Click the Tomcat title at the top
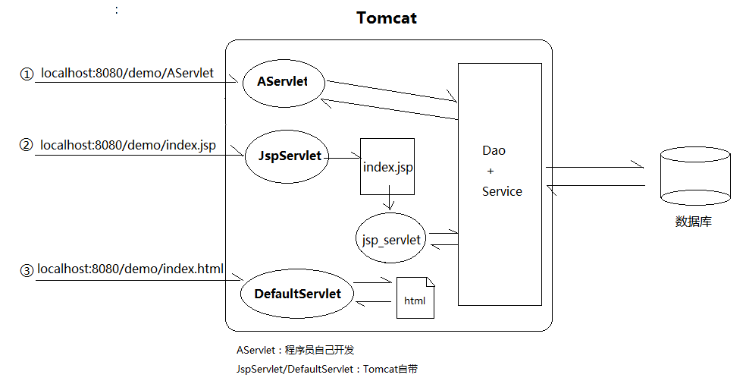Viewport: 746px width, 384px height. coord(386,17)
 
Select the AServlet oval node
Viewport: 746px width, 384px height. coord(283,81)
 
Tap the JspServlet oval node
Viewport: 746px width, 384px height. coord(284,156)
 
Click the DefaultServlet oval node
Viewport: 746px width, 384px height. coord(297,294)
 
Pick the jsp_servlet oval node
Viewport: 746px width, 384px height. coord(390,239)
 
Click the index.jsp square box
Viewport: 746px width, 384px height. coord(387,166)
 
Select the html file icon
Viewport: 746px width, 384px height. coord(415,297)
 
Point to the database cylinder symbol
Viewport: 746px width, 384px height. coord(695,177)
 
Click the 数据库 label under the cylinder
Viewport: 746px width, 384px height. coord(694,222)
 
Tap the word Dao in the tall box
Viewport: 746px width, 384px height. coord(494,150)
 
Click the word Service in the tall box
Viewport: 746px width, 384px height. coord(502,191)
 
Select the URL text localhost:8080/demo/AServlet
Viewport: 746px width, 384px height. coord(127,74)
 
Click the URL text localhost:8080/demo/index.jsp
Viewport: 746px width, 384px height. coord(127,144)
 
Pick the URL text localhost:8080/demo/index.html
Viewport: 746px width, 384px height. coord(130,269)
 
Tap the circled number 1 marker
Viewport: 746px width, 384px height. coord(27,74)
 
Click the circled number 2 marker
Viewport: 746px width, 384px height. coord(27,145)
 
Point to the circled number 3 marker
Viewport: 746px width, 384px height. coord(27,269)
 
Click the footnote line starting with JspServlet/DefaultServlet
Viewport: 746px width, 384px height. coord(328,370)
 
